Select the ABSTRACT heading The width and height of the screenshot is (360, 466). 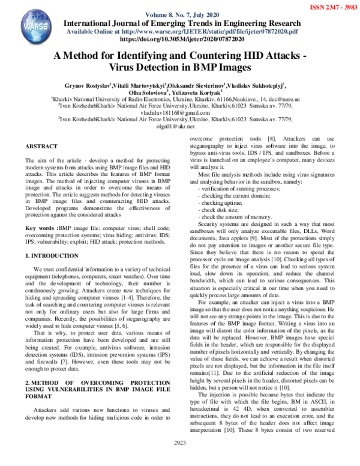42,147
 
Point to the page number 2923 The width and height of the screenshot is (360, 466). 181,459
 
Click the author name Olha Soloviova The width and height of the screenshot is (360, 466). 150,93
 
